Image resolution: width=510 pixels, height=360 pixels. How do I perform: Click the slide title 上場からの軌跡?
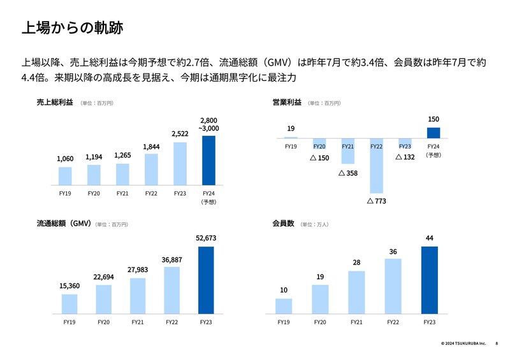[x=71, y=28]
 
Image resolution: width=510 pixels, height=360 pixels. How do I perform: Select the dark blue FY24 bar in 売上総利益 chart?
[x=208, y=159]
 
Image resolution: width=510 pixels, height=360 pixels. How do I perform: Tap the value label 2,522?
[x=180, y=134]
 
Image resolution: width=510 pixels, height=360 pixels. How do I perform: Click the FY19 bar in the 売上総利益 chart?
[x=65, y=175]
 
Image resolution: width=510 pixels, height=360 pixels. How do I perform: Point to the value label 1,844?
[x=151, y=147]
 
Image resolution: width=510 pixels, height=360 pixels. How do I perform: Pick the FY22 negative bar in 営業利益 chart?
[x=376, y=166]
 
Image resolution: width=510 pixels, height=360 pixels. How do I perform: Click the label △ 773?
[x=377, y=201]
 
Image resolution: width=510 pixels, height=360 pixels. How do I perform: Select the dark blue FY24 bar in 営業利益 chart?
[x=433, y=133]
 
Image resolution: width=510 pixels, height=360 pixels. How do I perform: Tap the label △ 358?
[x=347, y=173]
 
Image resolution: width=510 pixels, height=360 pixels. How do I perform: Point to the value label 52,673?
[x=206, y=238]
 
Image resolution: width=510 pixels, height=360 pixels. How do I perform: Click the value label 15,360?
[x=69, y=286]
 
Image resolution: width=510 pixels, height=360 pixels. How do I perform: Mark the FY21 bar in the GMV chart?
[x=138, y=295]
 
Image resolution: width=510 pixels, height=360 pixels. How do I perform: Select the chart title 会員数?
[x=282, y=224]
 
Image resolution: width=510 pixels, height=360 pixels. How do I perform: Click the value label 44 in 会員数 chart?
[x=430, y=238]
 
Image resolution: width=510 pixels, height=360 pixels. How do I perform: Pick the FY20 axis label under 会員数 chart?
[x=320, y=322]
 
